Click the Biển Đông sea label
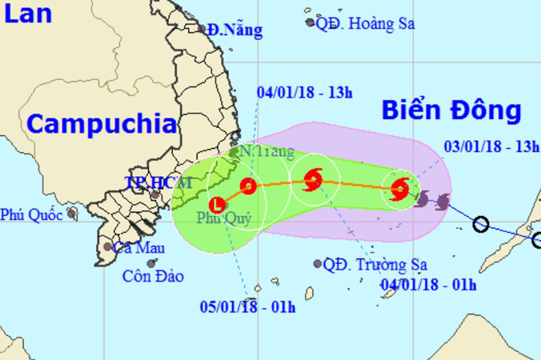click(451, 110)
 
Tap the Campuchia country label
click(100, 124)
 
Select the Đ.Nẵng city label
click(234, 30)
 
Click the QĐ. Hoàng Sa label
click(365, 23)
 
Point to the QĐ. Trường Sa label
click(375, 264)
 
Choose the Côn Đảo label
click(153, 276)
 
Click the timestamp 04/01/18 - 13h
click(305, 92)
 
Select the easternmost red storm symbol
click(399, 190)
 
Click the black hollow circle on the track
click(480, 224)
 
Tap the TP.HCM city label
click(158, 182)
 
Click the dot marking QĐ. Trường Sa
click(318, 263)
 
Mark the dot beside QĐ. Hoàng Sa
click(310, 22)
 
